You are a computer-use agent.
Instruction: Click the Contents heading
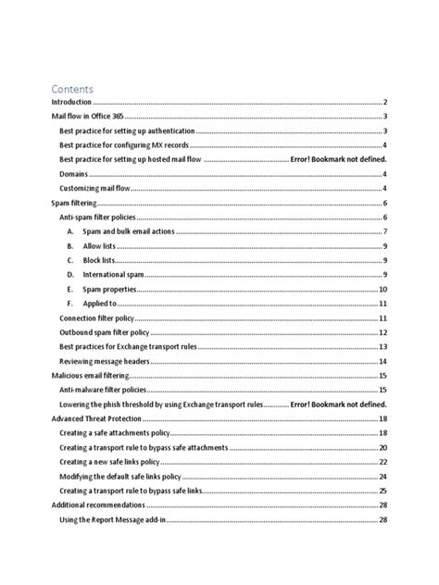click(73, 89)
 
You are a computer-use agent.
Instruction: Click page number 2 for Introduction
click(383, 102)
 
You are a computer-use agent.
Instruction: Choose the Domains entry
click(75, 174)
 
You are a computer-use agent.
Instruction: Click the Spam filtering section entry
click(74, 203)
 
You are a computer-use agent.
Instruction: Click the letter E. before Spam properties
click(69, 289)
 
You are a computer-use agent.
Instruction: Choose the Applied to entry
click(99, 304)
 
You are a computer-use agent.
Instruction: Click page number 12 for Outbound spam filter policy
click(382, 332)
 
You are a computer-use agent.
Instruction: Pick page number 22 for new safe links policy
click(382, 462)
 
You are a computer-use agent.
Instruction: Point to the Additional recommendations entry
click(97, 504)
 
